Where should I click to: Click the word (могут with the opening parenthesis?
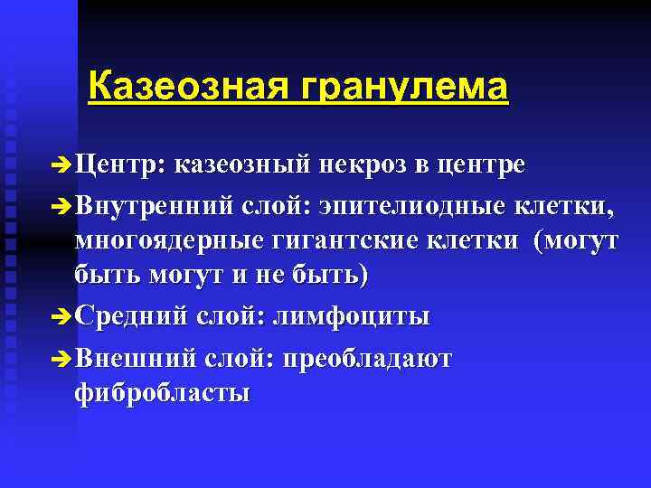click(x=576, y=241)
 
